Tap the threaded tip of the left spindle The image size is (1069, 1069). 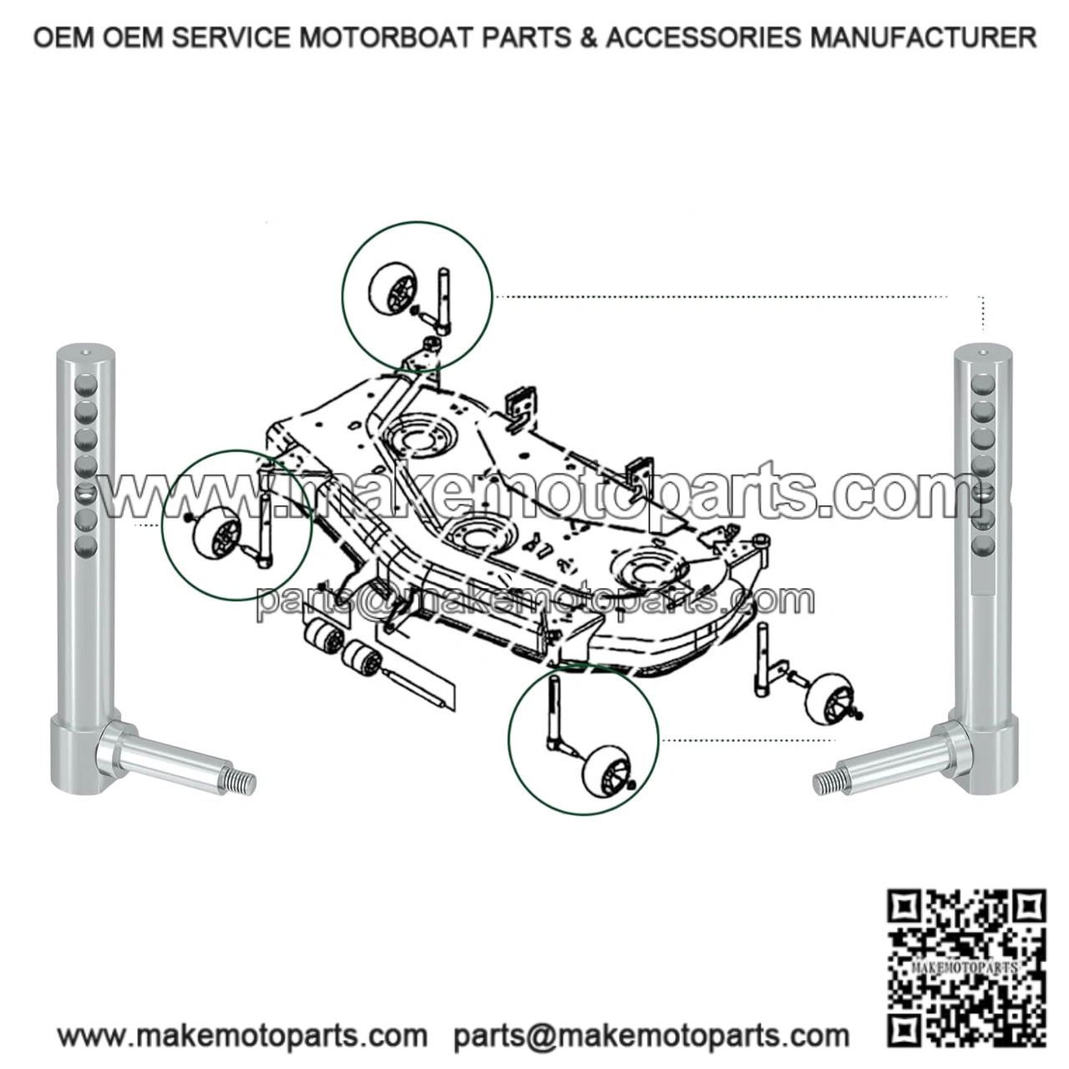(x=245, y=782)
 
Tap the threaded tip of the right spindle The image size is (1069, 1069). (x=824, y=782)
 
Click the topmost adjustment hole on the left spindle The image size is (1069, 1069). (x=86, y=385)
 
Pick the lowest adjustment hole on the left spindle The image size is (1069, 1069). (x=86, y=547)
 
